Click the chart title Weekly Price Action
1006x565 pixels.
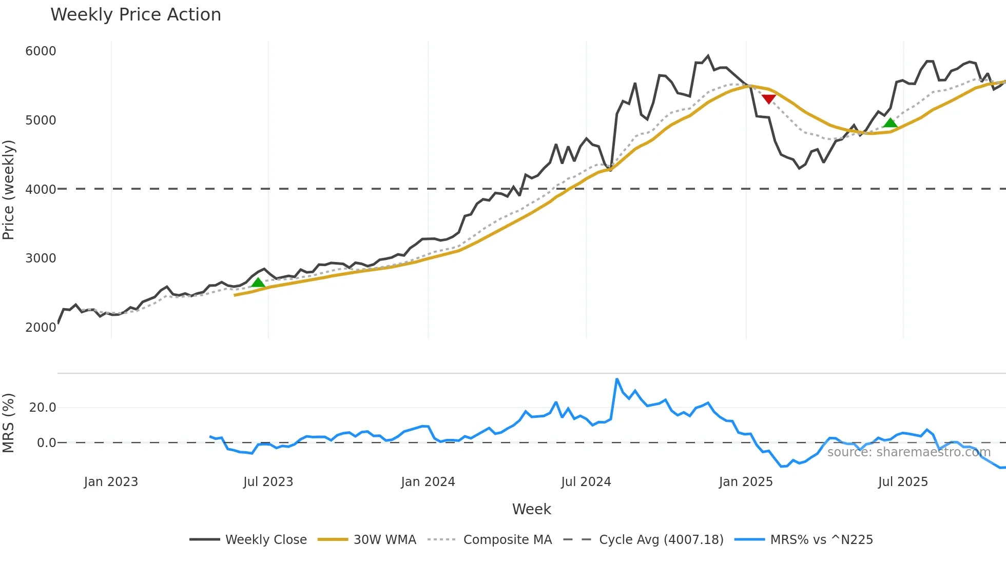pos(136,15)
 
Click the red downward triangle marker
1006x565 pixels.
pos(768,99)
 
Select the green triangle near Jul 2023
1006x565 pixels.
pos(258,282)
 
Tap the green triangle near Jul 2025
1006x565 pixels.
pos(890,123)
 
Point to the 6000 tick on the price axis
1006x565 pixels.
pos(41,51)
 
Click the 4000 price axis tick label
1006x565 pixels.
pos(41,189)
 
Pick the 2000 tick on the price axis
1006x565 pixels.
pos(41,327)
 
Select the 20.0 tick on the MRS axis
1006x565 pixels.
pos(43,408)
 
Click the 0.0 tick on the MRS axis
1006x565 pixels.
pos(46,442)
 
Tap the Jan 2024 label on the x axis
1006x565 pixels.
pos(428,482)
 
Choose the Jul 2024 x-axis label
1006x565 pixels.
pos(586,482)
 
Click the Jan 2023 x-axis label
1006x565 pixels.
pos(111,482)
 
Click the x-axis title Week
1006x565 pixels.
pos(531,509)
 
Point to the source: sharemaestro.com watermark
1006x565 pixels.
pos(908,452)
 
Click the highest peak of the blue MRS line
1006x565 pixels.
pos(617,379)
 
